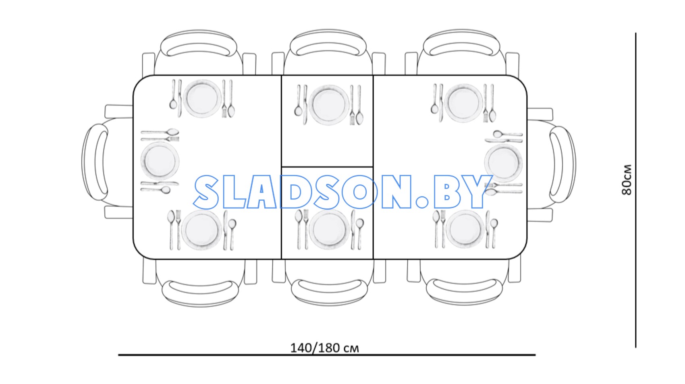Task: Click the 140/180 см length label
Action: click(324, 348)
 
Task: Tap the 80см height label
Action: click(627, 180)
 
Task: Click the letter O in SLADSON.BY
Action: click(359, 192)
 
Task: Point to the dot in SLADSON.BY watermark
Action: click(422, 202)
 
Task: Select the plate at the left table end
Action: click(160, 161)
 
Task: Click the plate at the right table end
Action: click(503, 163)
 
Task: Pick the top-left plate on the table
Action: click(202, 99)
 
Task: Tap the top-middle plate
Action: click(329, 104)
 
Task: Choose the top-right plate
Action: click(464, 103)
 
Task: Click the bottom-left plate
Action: click(201, 230)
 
